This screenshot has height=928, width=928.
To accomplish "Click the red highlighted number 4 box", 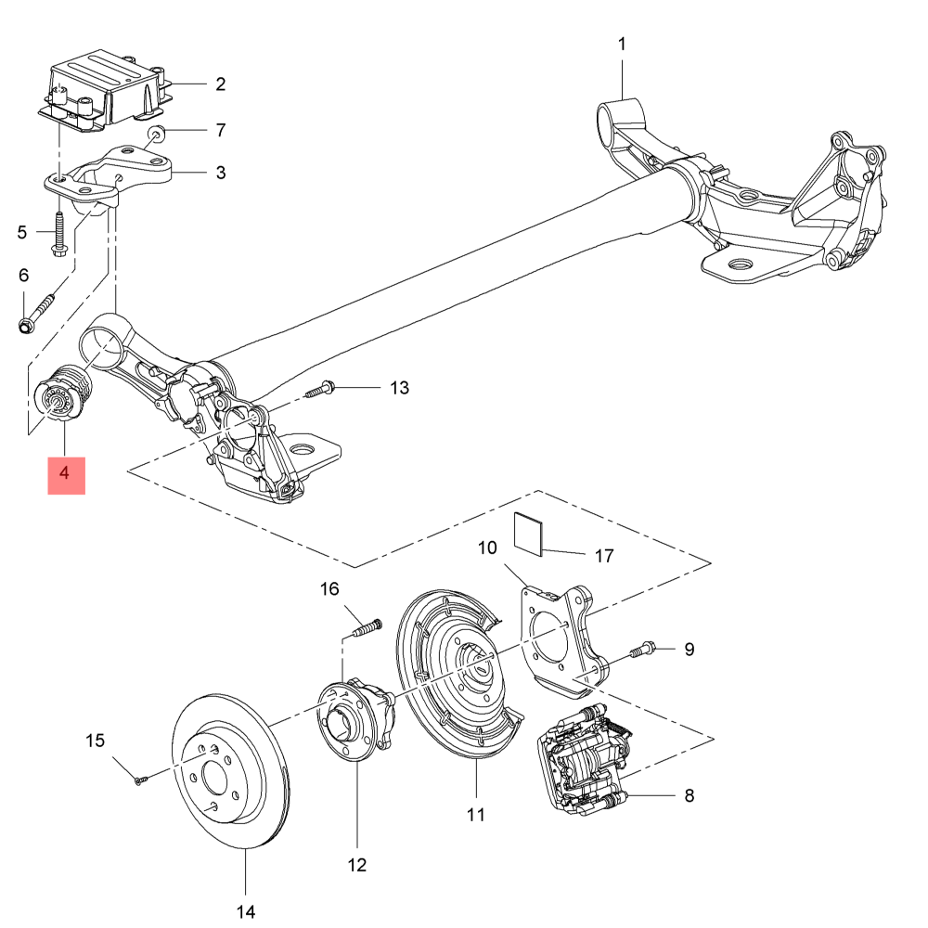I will tap(66, 475).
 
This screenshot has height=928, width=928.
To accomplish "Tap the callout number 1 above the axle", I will tap(622, 44).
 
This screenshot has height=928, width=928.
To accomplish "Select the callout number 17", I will tap(604, 557).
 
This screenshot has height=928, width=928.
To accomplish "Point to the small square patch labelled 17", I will tap(530, 534).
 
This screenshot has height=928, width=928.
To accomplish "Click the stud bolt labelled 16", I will tap(367, 628).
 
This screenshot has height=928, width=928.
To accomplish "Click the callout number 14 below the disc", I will tap(245, 911).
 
